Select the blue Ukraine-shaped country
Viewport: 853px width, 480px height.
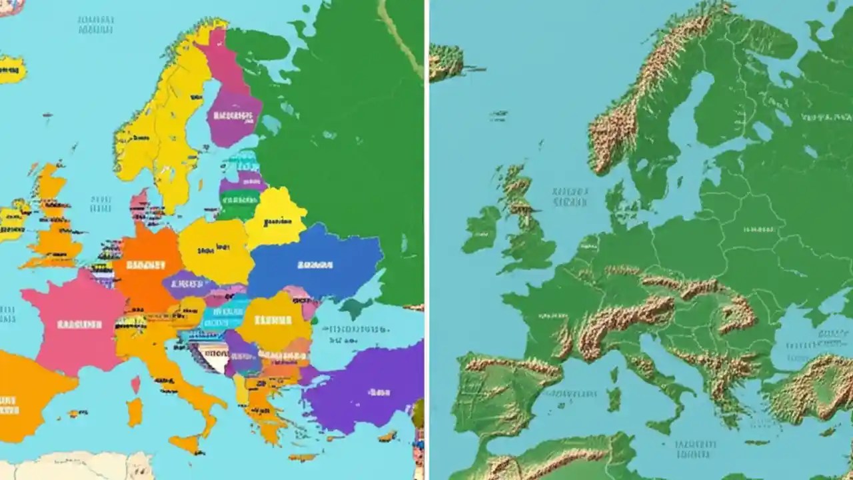[313, 263]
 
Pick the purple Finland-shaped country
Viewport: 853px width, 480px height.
[233, 117]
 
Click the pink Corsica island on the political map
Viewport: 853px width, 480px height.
[136, 384]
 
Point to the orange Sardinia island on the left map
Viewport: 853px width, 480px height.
[135, 412]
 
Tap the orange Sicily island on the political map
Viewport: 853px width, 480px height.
[184, 443]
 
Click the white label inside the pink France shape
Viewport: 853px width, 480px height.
[80, 325]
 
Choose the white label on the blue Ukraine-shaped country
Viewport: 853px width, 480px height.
[315, 265]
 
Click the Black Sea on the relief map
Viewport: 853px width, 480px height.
[800, 333]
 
